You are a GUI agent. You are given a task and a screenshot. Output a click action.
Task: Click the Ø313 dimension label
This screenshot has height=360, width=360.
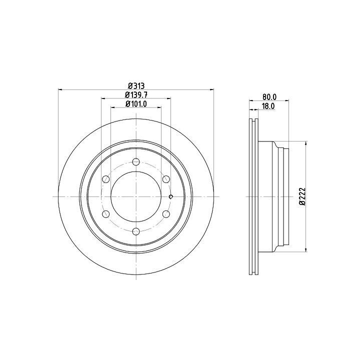pos(136,86)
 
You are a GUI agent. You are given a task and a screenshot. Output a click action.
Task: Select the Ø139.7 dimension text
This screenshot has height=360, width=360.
pos(136,94)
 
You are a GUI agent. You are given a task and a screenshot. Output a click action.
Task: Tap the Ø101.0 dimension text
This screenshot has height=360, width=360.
pos(136,104)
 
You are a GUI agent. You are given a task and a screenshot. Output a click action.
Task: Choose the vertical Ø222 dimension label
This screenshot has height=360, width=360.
pos(302,196)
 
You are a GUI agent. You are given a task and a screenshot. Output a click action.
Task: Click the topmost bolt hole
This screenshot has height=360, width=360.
pos(136,161)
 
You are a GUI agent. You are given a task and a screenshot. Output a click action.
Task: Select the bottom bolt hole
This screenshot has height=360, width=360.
pos(136,231)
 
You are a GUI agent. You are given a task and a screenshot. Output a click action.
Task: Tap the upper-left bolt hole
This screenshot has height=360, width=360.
pos(106,179)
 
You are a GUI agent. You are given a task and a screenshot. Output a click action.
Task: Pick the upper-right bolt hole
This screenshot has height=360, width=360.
pos(166,179)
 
